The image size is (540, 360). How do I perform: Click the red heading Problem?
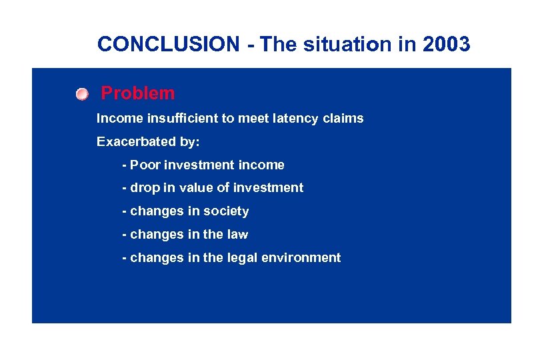click(x=137, y=93)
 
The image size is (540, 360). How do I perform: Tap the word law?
click(x=237, y=234)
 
